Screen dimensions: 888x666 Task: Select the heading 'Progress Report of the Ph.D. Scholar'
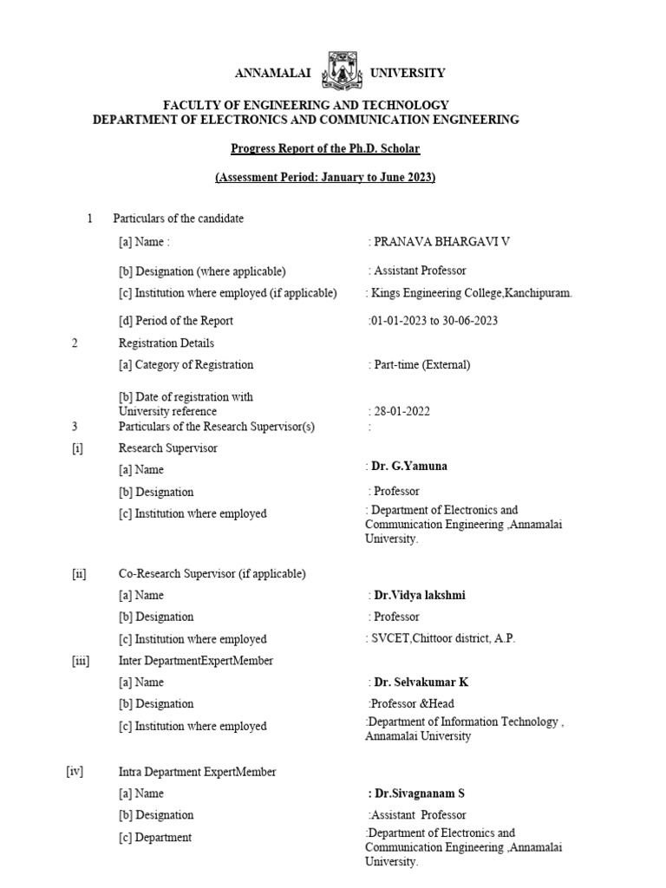[x=325, y=148]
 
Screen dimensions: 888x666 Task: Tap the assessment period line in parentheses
[x=325, y=178]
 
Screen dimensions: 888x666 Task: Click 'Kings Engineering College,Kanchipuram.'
[x=470, y=293]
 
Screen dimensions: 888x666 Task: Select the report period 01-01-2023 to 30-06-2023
[x=434, y=320]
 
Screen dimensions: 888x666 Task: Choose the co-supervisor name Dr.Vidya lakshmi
[x=419, y=596]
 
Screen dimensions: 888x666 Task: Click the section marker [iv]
[x=75, y=771]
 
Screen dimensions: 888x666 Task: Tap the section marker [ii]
[x=79, y=574]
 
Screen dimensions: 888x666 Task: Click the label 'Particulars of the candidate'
[x=179, y=219]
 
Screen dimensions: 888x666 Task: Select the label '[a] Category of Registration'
[x=186, y=365]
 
